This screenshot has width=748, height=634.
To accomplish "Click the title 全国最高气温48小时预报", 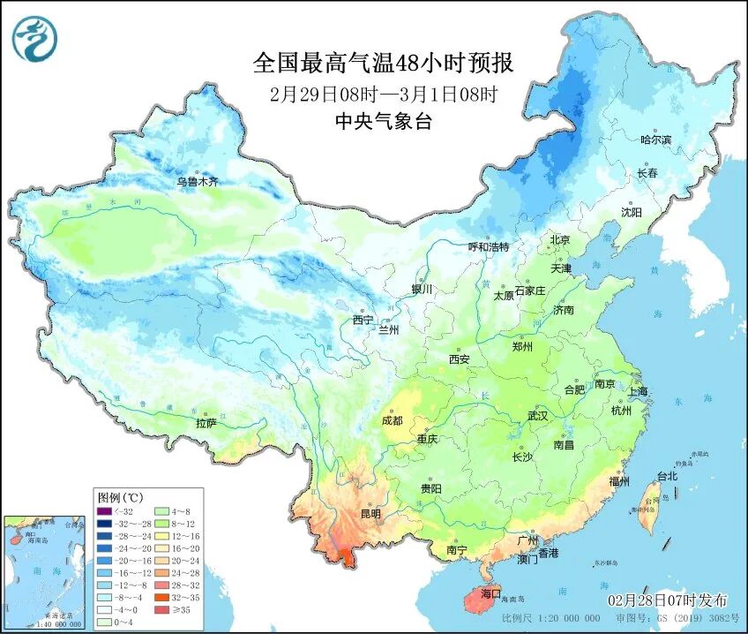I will click(383, 64).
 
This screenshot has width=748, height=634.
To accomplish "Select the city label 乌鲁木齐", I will click(196, 182).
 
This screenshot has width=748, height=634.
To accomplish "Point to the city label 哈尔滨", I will click(655, 140).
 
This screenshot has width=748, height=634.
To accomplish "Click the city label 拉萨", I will click(206, 423).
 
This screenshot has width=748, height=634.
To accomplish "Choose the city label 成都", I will click(392, 420).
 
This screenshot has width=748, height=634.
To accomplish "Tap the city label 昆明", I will click(370, 513).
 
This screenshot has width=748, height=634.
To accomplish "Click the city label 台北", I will click(667, 476).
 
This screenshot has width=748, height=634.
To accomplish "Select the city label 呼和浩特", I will click(488, 246).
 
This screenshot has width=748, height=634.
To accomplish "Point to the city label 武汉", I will click(537, 415).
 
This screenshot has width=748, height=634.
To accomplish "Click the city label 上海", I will click(636, 390).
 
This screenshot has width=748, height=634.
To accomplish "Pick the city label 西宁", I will click(363, 319).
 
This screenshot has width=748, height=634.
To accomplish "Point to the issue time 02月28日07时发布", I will click(667, 600).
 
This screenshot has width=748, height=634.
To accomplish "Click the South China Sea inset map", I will click(46, 573).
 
